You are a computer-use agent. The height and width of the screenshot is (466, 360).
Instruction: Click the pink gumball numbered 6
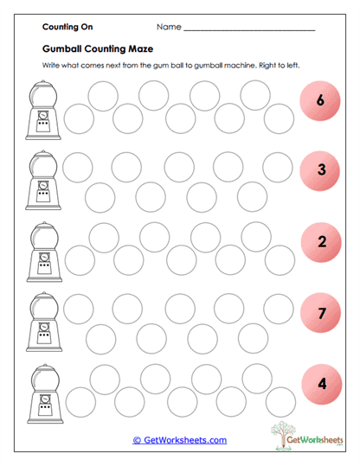[320, 102]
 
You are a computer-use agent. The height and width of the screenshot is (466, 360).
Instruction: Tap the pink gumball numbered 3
[320, 170]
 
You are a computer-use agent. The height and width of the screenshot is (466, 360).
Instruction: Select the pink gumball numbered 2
[320, 241]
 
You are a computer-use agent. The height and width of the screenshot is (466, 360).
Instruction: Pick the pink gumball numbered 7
[320, 313]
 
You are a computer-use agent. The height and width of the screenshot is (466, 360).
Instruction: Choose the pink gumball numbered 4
[320, 381]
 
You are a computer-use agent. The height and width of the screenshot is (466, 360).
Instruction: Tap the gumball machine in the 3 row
[42, 182]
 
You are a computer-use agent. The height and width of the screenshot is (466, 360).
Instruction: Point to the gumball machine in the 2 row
[42, 252]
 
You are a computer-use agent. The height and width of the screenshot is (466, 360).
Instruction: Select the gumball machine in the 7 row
[42, 323]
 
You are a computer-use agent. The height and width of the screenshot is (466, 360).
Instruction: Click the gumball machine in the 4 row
[42, 393]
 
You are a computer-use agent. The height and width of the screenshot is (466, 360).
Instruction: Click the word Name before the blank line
[169, 28]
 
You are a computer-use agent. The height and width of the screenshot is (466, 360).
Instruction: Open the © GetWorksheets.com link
[180, 440]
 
